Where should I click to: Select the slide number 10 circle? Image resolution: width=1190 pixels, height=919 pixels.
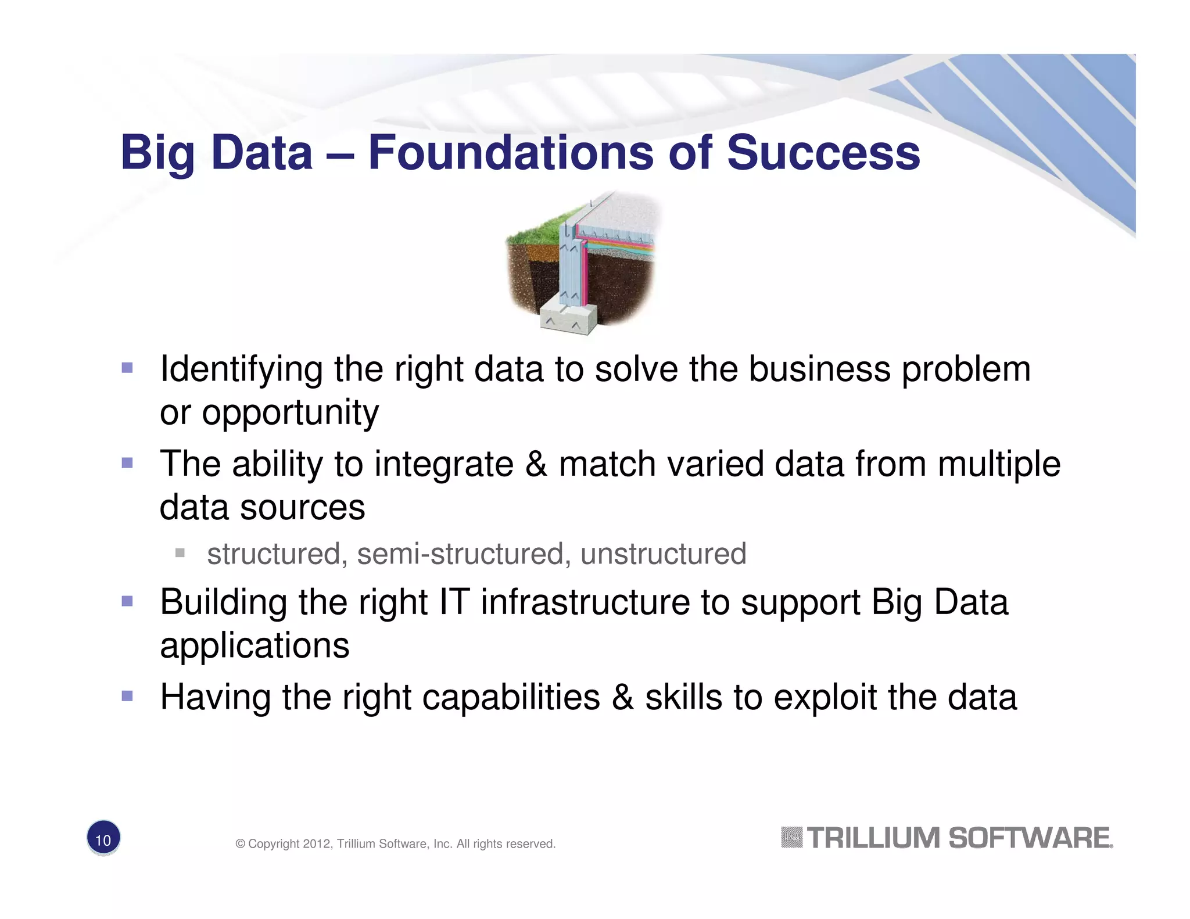pyautogui.click(x=103, y=838)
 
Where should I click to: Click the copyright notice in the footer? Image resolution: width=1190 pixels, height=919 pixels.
pyautogui.click(x=395, y=843)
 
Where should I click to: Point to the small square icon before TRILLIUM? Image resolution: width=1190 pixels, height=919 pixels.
pyautogui.click(x=791, y=837)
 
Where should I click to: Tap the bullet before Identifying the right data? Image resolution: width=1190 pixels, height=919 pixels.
pyautogui.click(x=127, y=368)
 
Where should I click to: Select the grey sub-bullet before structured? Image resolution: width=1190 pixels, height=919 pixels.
pyautogui.click(x=180, y=552)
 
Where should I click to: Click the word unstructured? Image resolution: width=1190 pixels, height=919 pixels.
pyautogui.click(x=663, y=554)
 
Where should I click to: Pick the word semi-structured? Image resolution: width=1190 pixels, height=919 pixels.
pyautogui.click(x=460, y=554)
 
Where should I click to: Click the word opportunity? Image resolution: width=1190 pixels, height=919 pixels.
pyautogui.click(x=290, y=414)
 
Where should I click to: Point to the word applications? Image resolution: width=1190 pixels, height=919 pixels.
pyautogui.click(x=255, y=645)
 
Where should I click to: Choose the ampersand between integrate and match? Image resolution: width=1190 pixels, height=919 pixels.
pyautogui.click(x=536, y=464)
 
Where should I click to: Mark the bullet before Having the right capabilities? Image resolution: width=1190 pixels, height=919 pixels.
pyautogui.click(x=127, y=696)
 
